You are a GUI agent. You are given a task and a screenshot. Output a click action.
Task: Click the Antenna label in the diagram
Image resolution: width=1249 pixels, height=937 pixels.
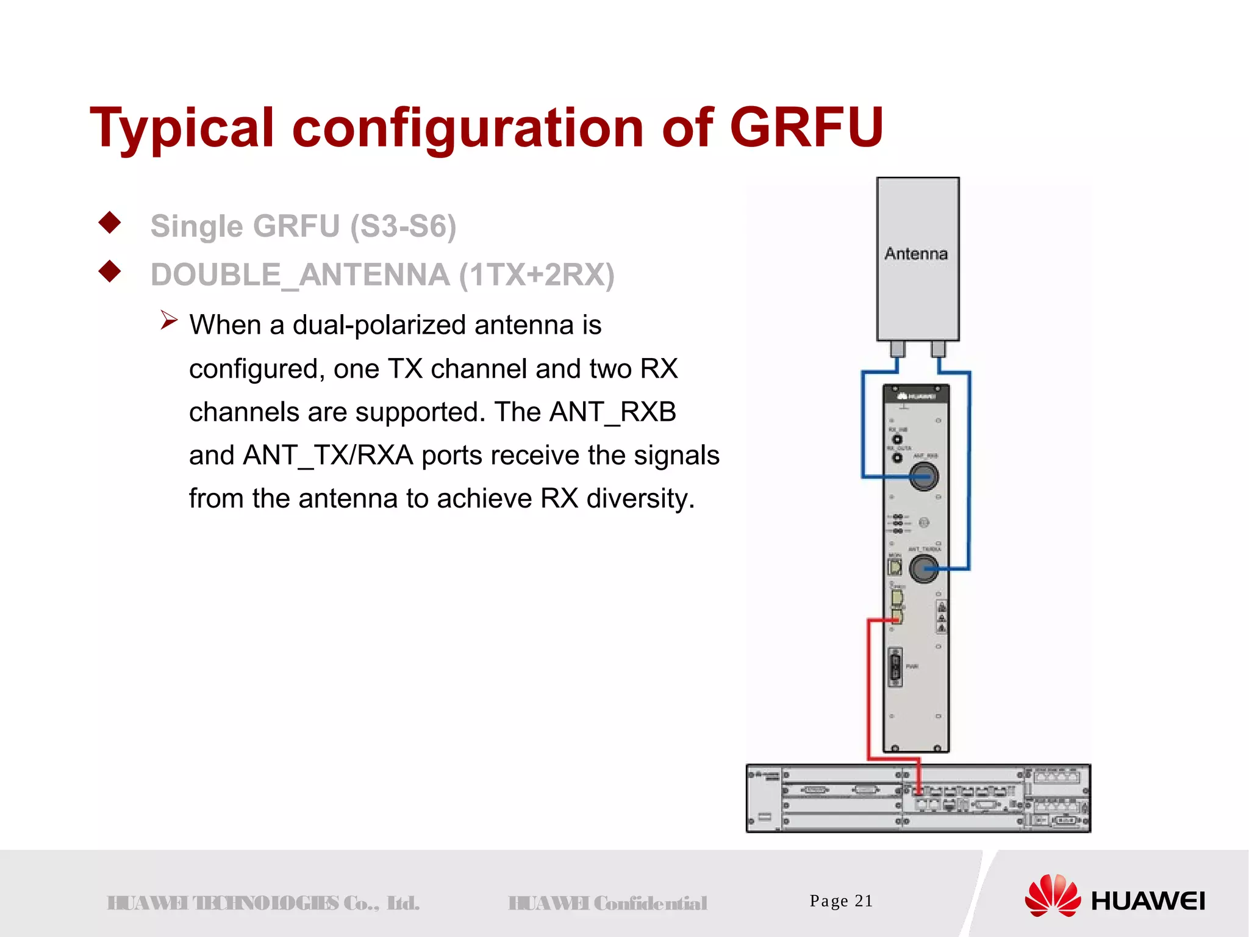click(916, 254)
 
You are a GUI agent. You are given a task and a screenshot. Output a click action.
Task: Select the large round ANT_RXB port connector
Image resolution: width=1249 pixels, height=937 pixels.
click(923, 476)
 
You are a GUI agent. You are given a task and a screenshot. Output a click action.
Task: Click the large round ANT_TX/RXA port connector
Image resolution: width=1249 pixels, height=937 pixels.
click(924, 569)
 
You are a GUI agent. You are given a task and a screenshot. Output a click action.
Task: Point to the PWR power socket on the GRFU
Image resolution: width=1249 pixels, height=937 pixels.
click(895, 667)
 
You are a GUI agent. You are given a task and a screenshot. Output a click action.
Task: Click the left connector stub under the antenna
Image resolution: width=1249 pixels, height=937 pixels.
click(898, 349)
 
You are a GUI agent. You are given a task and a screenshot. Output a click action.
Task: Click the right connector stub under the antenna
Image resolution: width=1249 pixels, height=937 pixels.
click(938, 349)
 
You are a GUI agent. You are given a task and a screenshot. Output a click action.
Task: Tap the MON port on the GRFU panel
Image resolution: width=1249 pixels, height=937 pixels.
click(895, 567)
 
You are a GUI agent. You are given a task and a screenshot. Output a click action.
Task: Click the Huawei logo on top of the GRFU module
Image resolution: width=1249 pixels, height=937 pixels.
click(917, 397)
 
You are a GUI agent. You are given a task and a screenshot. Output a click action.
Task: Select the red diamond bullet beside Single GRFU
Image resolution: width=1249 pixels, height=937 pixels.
click(110, 223)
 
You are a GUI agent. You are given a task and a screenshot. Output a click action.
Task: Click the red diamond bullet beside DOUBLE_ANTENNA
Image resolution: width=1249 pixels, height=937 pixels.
click(110, 271)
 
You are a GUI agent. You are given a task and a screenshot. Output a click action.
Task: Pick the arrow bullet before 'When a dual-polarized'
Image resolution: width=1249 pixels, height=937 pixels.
click(168, 320)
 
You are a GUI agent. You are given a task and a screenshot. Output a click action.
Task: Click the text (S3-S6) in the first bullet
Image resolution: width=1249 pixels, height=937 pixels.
click(403, 226)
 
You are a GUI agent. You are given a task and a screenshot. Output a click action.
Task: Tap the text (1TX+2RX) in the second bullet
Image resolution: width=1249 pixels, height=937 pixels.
click(537, 275)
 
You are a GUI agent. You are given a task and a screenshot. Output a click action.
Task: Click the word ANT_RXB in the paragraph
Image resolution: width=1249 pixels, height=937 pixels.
click(612, 412)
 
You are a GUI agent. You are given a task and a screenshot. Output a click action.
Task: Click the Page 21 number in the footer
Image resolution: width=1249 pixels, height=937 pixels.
click(841, 901)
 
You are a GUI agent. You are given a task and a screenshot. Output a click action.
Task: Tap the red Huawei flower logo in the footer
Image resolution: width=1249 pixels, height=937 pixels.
click(1053, 896)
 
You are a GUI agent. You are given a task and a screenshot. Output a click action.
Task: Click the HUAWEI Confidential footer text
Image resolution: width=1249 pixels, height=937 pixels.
click(607, 903)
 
